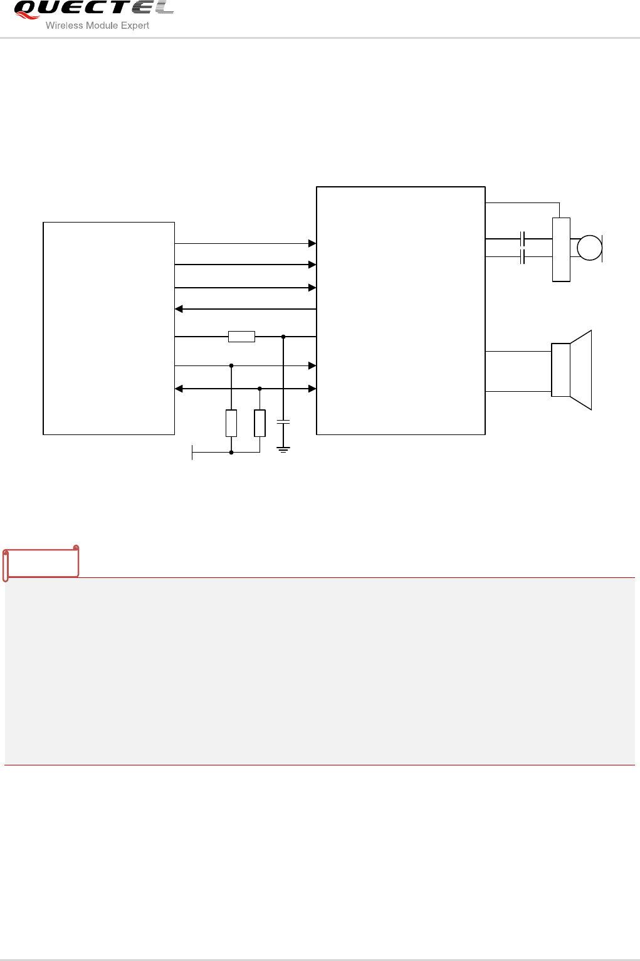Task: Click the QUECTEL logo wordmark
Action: coord(94,9)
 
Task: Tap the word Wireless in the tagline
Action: coord(64,26)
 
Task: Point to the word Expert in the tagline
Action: coord(135,26)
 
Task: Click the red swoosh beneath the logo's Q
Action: coord(28,15)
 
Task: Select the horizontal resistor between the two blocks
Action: coord(241,337)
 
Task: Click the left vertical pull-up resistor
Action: coord(231,423)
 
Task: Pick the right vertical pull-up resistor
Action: coord(260,423)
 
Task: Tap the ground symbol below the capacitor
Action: coord(283,449)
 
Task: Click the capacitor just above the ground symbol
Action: coord(283,423)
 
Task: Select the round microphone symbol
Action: coord(589,248)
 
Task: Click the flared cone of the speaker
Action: coord(581,370)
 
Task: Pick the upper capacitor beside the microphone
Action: coord(522,239)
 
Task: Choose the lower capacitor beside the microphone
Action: coord(522,256)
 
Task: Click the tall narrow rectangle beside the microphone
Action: coord(561,249)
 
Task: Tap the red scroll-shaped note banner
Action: coord(41,562)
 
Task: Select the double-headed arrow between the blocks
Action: coord(245,389)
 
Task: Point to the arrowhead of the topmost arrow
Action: coord(312,243)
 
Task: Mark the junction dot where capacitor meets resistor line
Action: coord(283,337)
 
